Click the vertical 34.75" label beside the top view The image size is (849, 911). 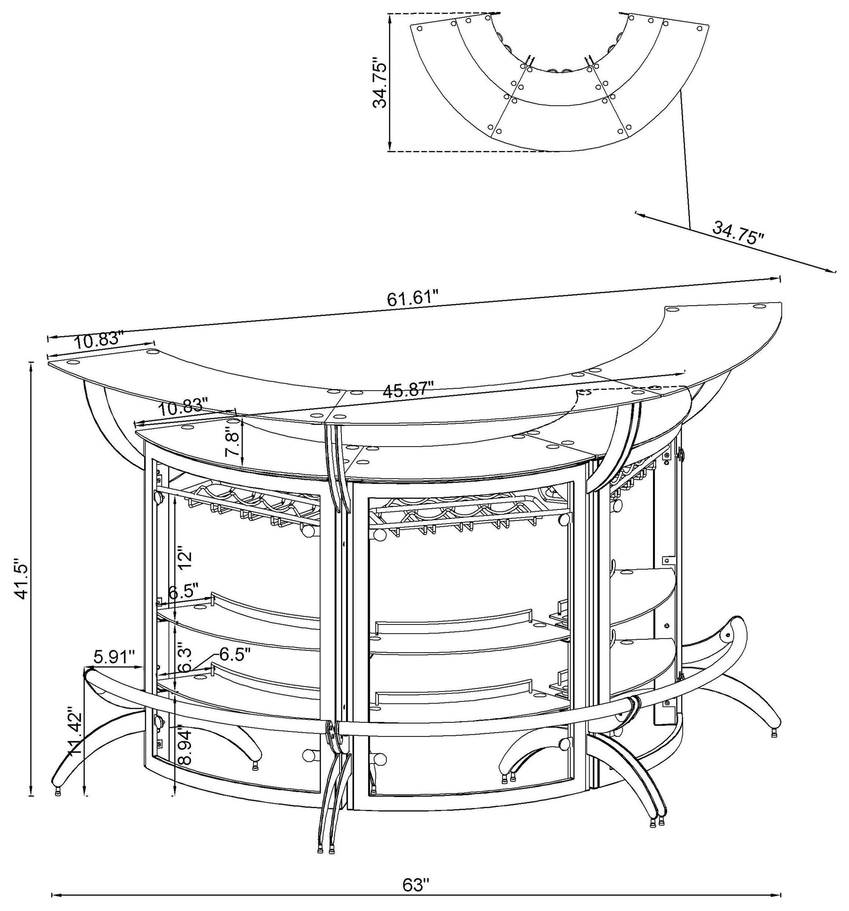(380, 83)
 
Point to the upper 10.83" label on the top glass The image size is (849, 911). (99, 340)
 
